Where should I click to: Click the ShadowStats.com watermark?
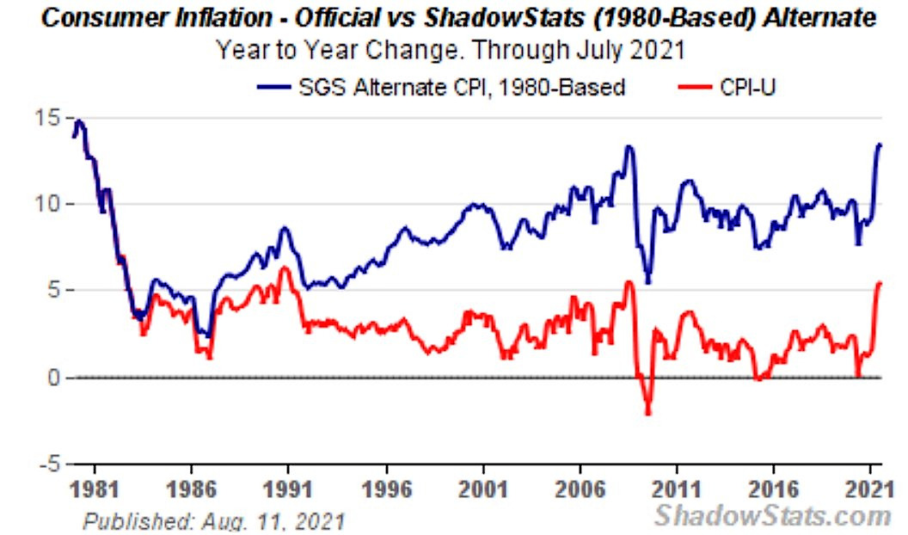(x=772, y=515)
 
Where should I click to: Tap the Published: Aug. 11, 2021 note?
(x=213, y=520)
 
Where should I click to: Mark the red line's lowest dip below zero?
(x=647, y=414)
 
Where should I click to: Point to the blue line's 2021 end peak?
(x=880, y=145)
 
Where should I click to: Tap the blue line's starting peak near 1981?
(x=79, y=121)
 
